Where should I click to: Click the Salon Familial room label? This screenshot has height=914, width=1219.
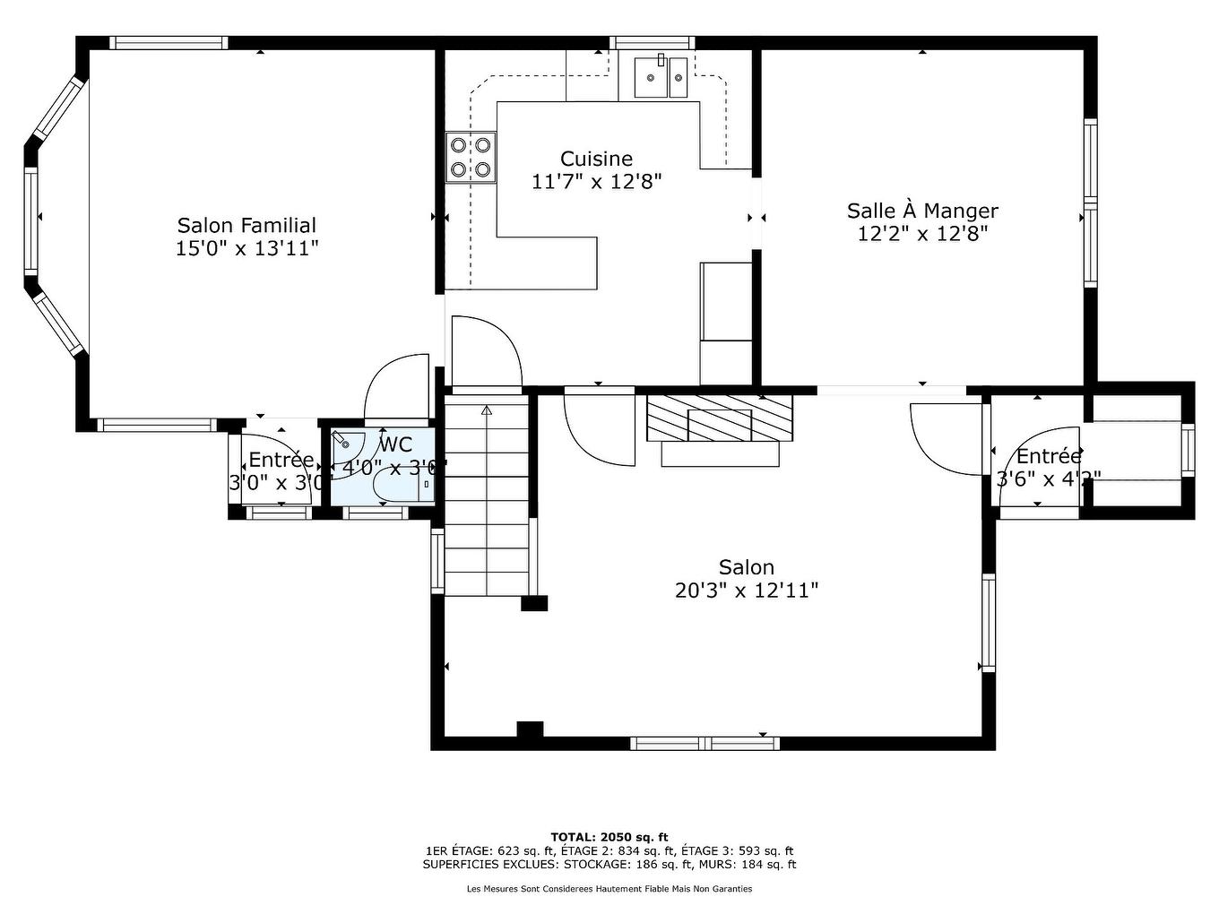246,225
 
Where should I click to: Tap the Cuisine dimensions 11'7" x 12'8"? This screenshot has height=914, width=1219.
596,182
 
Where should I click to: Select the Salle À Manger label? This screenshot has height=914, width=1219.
922,211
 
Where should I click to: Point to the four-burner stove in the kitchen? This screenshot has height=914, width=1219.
471,157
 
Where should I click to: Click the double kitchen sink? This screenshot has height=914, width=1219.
661,77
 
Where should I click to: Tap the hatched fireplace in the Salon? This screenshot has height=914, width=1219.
720,418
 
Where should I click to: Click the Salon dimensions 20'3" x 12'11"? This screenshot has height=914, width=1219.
746,591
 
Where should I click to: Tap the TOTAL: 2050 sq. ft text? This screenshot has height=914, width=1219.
609,837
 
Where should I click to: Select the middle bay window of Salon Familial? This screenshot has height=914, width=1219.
31,220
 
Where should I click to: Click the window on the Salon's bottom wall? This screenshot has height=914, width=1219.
705,743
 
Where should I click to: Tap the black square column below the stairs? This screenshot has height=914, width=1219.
534,603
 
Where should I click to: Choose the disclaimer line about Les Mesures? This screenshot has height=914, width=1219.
609,889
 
